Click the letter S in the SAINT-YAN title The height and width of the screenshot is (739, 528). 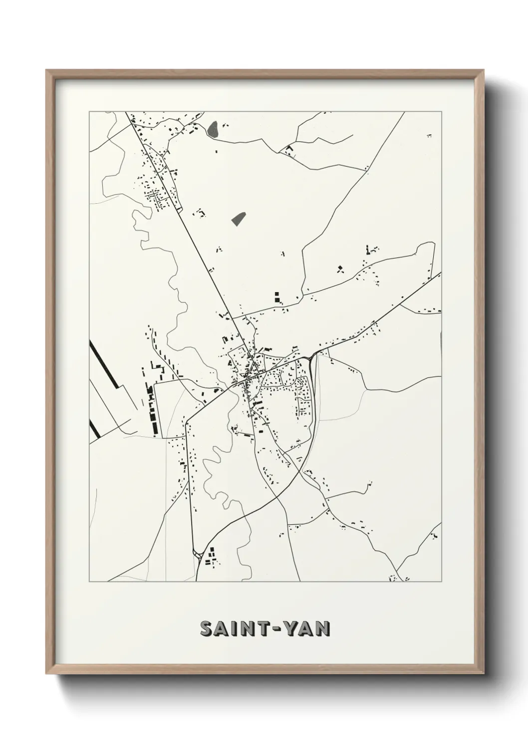(207, 629)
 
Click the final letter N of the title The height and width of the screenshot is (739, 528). (322, 629)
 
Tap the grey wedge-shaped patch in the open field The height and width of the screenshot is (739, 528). (239, 218)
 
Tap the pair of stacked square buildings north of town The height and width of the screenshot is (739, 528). (276, 298)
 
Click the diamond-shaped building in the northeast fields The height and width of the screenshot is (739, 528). (341, 269)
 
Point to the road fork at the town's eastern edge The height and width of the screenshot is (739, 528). (312, 356)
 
